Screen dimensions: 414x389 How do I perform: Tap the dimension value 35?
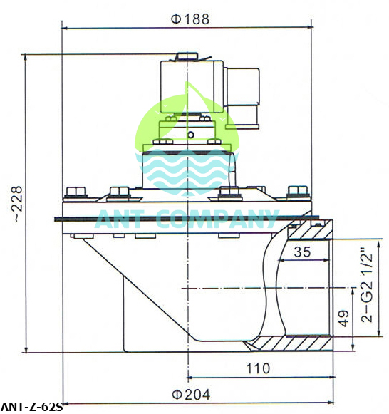(301, 251)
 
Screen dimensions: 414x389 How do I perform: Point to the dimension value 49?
(343, 320)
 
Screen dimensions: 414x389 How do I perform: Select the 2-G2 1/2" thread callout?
(368, 285)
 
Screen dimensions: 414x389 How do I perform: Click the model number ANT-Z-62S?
(32, 408)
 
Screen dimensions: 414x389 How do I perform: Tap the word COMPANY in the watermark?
(214, 219)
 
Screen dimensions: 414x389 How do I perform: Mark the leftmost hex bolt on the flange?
(74, 192)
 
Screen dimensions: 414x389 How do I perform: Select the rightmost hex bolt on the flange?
(294, 192)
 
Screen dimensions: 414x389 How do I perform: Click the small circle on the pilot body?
(190, 134)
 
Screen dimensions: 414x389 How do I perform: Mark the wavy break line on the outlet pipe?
(269, 285)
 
